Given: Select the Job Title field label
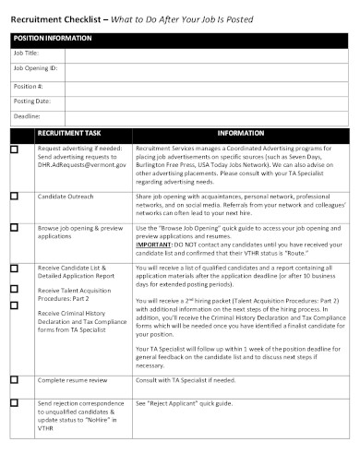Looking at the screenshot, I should [25, 54].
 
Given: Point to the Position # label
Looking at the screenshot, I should [28, 84].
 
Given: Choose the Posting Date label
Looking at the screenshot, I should [31, 100].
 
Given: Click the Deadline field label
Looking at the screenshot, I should [27, 115].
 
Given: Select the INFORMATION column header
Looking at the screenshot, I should [241, 133].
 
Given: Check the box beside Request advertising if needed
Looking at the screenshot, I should [14, 148].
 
